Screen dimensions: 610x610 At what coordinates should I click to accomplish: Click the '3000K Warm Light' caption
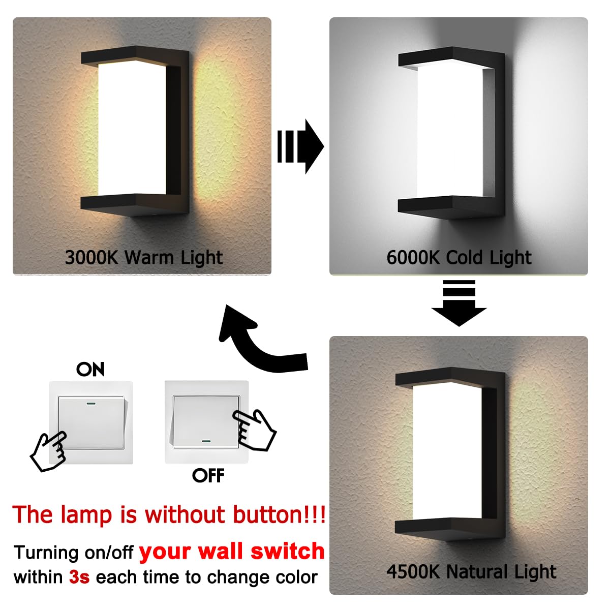144,257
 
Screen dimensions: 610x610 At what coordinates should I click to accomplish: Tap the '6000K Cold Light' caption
459,257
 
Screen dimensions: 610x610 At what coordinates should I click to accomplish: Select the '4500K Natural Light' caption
471,572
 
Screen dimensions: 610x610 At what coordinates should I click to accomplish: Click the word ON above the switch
90,369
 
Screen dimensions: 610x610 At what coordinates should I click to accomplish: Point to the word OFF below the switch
208,476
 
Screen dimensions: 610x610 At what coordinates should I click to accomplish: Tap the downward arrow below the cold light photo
459,303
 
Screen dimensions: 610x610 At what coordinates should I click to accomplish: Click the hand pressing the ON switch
48,450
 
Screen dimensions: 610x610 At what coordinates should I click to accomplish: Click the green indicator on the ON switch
93,405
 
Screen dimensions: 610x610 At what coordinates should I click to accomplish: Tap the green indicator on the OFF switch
206,441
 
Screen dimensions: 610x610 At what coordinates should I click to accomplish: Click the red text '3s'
79,577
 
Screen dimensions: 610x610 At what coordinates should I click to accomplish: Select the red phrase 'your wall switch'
232,551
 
